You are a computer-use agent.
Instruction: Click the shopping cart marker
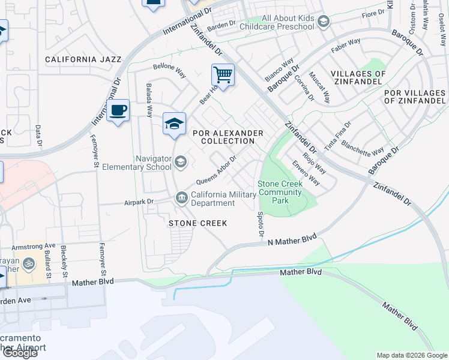pos(223,76)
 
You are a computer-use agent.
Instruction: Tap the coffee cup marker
pos(118,110)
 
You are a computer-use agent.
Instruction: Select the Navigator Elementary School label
pos(137,162)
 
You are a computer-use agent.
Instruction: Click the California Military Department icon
pos(181,197)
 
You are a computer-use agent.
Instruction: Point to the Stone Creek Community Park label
pos(280,192)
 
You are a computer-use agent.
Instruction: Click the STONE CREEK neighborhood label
pos(197,223)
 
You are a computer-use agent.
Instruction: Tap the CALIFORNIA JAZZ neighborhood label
pos(83,60)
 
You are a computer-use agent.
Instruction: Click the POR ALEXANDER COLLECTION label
pos(228,137)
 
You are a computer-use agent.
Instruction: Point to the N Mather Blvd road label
pos(292,241)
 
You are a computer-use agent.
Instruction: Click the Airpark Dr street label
pos(139,202)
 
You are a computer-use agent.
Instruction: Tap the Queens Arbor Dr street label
pos(216,172)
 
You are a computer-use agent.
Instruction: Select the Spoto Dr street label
pos(261,223)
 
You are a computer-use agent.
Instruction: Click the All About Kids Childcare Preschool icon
pos(324,23)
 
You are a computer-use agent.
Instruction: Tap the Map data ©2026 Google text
pos(412,355)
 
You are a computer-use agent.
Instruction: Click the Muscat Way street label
pos(319,86)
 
